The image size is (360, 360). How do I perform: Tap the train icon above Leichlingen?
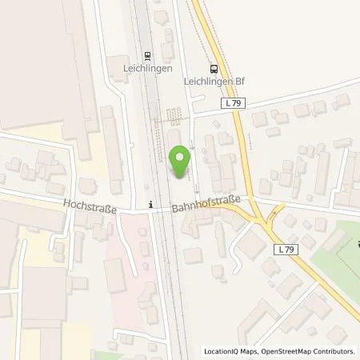point(147,56)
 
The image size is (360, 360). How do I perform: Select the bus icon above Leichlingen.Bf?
point(213,69)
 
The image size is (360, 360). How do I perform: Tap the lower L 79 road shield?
point(291,250)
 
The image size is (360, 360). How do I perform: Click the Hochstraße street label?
point(90,207)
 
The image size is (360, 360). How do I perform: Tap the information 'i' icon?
point(150,204)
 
